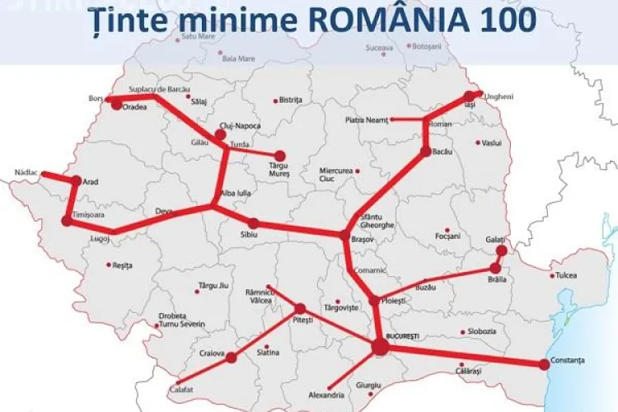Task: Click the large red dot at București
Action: click(x=380, y=349)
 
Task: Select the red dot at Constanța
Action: click(x=544, y=363)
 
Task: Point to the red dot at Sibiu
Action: click(x=254, y=223)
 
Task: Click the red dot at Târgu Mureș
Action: click(x=280, y=156)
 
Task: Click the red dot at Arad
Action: click(x=76, y=180)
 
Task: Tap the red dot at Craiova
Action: click(x=231, y=358)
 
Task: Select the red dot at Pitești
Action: click(x=300, y=308)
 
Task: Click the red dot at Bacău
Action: click(x=425, y=152)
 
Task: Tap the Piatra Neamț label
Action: click(x=365, y=120)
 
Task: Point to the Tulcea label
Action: click(x=567, y=275)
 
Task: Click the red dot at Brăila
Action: click(x=495, y=268)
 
